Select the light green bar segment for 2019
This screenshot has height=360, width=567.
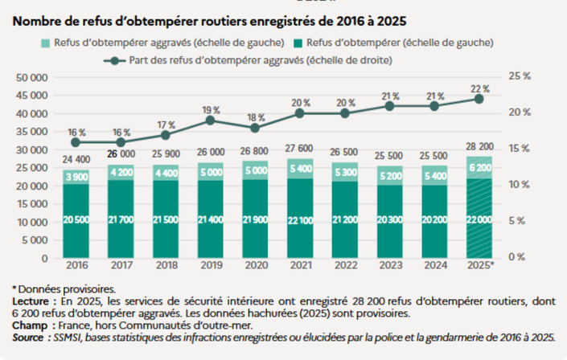pyautogui.click(x=211, y=171)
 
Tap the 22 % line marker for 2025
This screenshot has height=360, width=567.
pyautogui.click(x=479, y=98)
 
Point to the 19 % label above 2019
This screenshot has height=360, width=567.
pyautogui.click(x=211, y=109)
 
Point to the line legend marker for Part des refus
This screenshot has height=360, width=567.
pyautogui.click(x=118, y=60)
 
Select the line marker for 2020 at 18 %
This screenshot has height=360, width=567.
pyautogui.click(x=255, y=128)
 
